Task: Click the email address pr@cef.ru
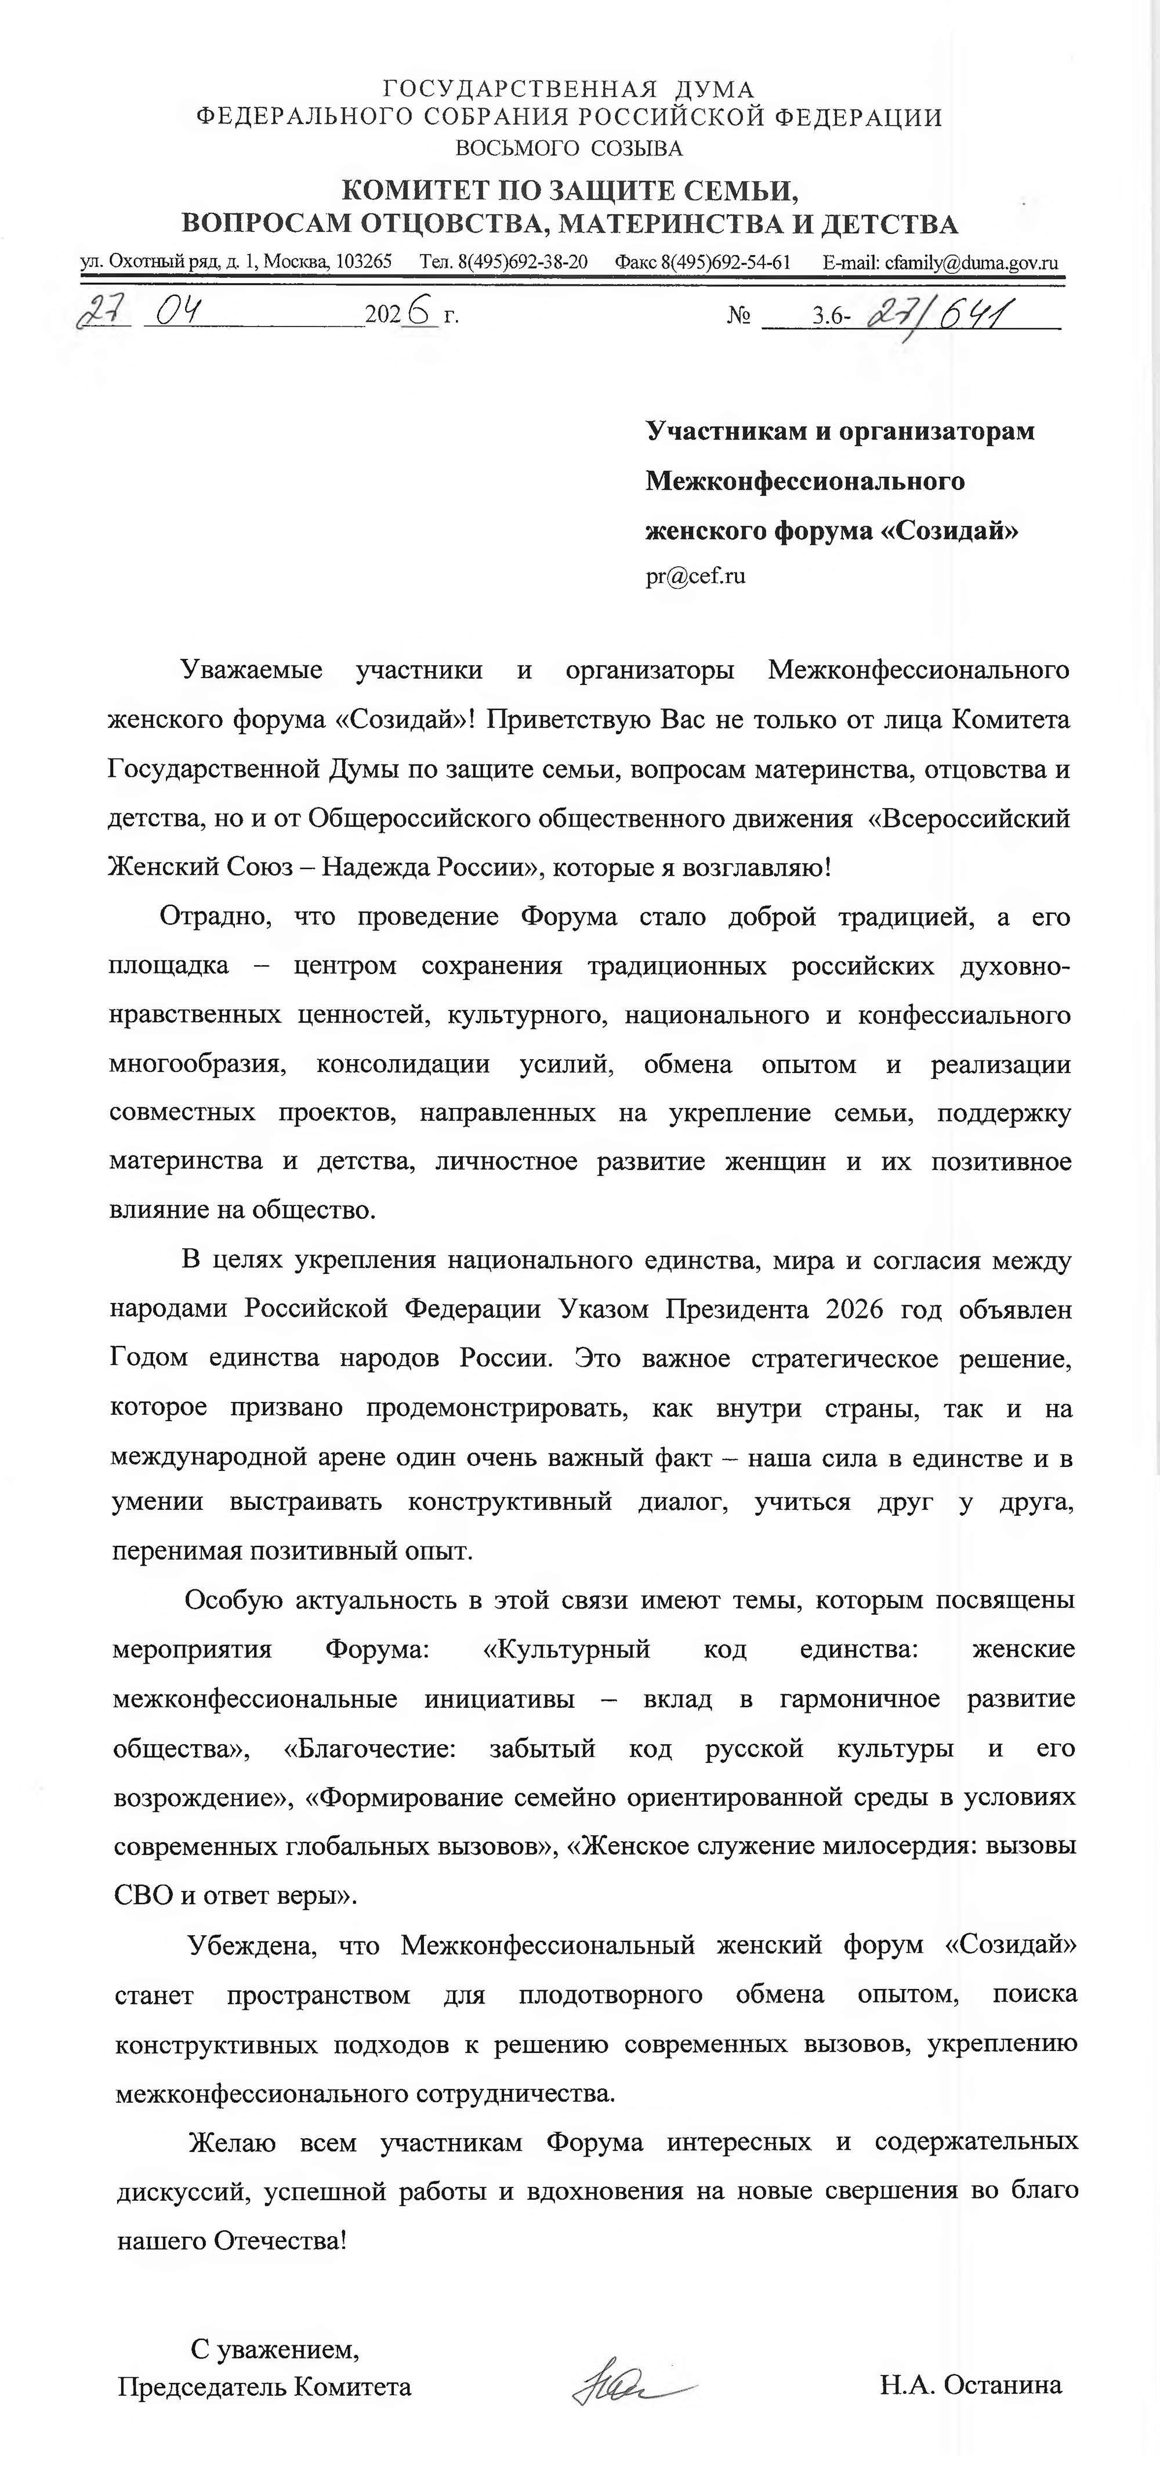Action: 695,576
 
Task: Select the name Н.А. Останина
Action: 970,2386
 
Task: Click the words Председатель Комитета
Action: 264,2386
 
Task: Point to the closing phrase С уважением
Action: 274,2349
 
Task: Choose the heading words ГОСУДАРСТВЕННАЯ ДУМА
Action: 568,90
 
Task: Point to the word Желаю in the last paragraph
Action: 233,2142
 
